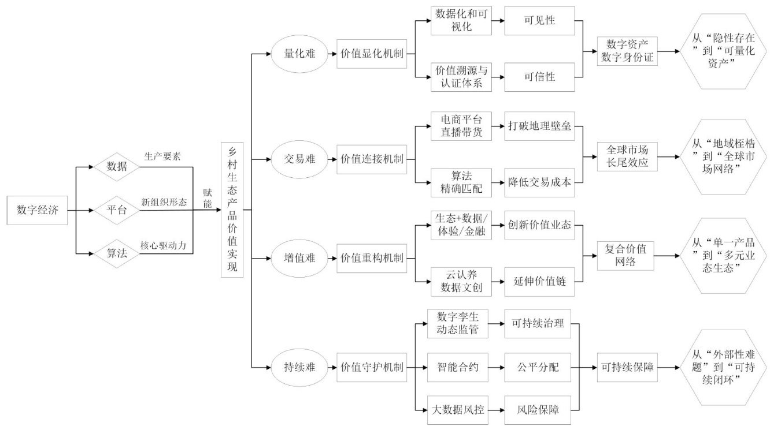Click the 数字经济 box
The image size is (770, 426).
36,210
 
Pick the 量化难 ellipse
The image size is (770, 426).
299,55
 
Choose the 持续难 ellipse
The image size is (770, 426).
299,367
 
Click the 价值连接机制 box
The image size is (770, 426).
372,159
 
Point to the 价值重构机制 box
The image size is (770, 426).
372,257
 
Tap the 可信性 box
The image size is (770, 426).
539,77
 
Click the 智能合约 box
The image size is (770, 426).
460,367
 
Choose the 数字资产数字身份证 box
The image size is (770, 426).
627,51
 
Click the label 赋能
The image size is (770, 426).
208,198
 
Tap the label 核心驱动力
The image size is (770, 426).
162,245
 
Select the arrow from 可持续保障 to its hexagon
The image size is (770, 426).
671,367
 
